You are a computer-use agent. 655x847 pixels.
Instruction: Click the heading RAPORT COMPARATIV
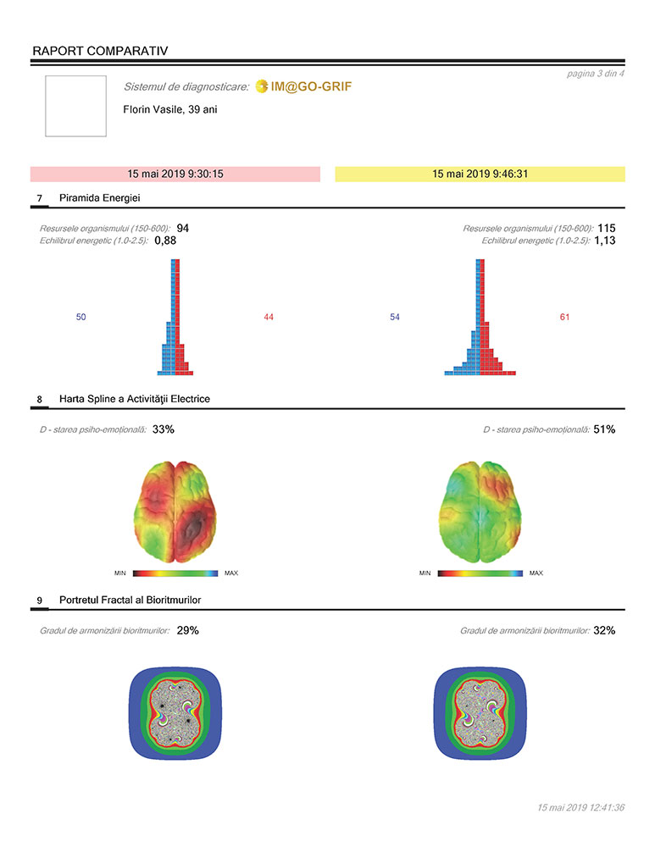[100, 51]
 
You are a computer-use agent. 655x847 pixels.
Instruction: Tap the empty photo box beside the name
[75, 106]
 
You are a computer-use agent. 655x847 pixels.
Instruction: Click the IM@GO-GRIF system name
[310, 87]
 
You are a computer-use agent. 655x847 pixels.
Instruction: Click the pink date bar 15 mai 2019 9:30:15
[175, 174]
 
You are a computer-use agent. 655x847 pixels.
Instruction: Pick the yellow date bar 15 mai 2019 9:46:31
[480, 174]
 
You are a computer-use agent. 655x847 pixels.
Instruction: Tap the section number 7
[40, 198]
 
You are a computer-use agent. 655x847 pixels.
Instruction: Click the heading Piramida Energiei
[100, 198]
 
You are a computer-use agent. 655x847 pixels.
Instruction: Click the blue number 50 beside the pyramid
[81, 317]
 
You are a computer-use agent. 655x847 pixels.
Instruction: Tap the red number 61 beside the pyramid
[565, 317]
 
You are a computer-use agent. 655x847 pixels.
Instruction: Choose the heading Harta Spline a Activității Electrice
[135, 398]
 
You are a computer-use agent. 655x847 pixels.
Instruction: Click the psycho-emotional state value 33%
[164, 429]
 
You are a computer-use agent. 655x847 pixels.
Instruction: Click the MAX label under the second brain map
[536, 573]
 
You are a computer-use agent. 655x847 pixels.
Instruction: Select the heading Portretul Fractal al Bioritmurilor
[130, 600]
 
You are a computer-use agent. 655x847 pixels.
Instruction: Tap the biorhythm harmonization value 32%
[604, 630]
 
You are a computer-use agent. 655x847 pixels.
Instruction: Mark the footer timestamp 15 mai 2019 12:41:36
[580, 807]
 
